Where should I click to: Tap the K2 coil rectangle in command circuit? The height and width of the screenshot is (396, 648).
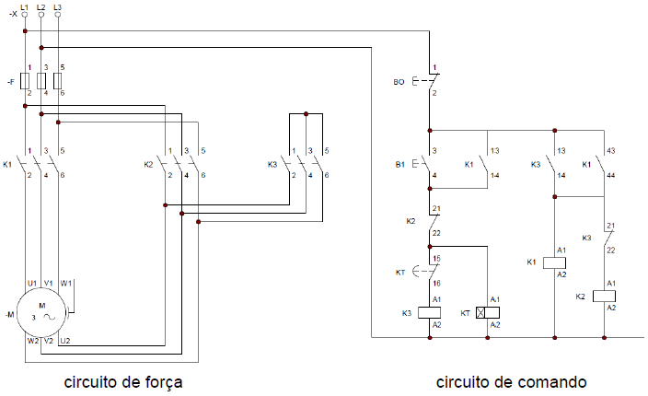[605, 296]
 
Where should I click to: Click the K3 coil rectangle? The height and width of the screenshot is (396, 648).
[429, 312]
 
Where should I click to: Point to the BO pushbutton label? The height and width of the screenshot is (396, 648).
[399, 82]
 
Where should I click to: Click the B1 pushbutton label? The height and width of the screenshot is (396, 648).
[399, 164]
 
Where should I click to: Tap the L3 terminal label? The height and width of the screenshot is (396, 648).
[58, 7]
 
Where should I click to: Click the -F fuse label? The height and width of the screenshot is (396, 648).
[9, 82]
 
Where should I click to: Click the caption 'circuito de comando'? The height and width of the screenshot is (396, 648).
[511, 380]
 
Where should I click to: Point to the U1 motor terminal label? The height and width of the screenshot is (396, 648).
[31, 282]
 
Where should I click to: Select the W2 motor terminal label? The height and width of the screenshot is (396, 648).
[32, 341]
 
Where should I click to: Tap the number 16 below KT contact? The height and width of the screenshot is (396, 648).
[436, 283]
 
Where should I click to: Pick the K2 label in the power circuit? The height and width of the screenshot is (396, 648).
[149, 164]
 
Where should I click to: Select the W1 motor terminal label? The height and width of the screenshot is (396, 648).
[66, 282]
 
